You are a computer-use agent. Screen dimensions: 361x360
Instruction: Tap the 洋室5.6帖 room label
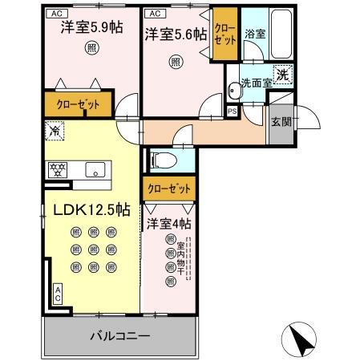[176, 34]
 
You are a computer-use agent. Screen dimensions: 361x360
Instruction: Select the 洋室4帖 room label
[169, 224]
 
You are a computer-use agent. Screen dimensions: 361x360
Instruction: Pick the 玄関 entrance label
[281, 123]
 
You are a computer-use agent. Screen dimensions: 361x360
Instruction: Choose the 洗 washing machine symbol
[283, 74]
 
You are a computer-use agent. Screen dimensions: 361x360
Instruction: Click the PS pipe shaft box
[232, 112]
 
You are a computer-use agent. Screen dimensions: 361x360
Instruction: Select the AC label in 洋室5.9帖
[57, 14]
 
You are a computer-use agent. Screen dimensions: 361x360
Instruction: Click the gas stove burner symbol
[58, 170]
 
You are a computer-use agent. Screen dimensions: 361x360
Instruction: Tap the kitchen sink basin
[95, 170]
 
